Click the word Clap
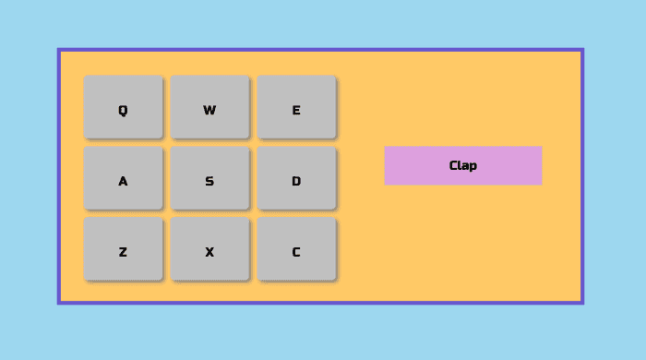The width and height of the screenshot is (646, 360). (463, 166)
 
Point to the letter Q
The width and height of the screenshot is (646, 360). (123, 111)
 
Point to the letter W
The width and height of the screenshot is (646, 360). (209, 111)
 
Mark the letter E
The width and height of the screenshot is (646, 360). (296, 111)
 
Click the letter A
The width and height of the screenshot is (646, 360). (123, 182)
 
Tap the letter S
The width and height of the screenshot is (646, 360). (209, 182)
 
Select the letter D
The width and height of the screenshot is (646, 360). (296, 182)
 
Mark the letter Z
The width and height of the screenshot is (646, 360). (123, 252)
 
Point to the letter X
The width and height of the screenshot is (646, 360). (209, 252)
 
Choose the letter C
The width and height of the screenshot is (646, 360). (296, 252)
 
